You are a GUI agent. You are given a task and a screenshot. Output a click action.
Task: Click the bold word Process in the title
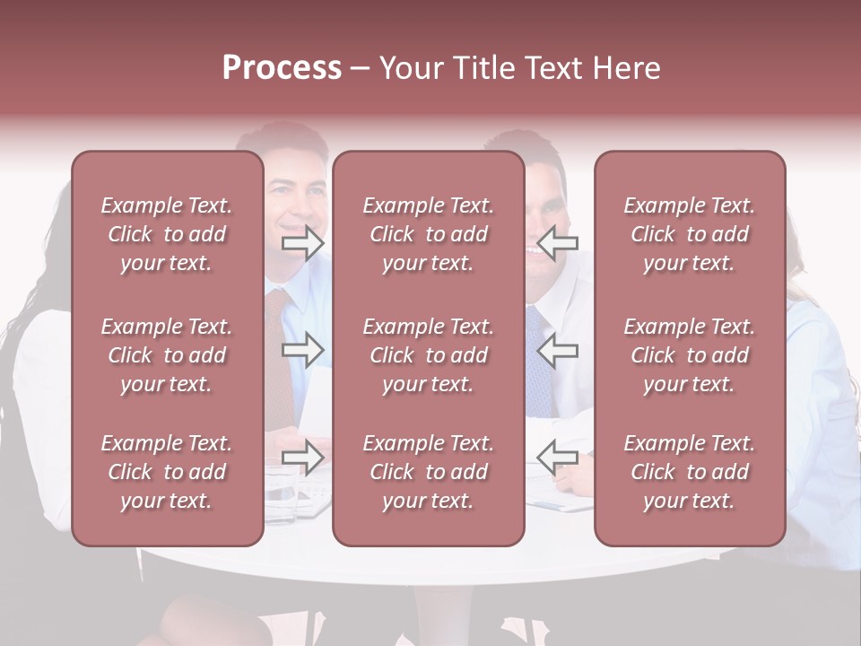click(x=282, y=68)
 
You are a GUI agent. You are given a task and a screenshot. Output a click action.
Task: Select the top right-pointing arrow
click(x=302, y=242)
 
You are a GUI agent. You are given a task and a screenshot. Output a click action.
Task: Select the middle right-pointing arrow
click(x=302, y=350)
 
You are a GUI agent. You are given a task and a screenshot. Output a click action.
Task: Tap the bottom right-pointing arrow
click(x=302, y=458)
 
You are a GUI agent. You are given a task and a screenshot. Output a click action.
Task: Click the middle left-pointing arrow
click(x=558, y=350)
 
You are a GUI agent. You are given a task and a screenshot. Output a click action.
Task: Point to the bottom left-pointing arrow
click(x=558, y=458)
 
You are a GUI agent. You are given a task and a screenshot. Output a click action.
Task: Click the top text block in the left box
click(x=167, y=234)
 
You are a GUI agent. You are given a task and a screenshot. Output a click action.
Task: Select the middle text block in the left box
click(x=167, y=355)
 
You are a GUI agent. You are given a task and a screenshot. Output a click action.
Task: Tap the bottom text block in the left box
click(x=167, y=472)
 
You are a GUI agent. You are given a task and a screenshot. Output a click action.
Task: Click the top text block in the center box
click(x=428, y=234)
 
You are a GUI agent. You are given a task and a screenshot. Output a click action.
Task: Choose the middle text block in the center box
click(x=428, y=355)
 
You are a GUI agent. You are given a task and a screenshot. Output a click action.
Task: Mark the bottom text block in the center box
click(x=428, y=472)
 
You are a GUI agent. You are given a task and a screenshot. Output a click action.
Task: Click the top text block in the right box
click(x=690, y=234)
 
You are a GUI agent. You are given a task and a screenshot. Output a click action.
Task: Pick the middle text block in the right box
click(x=690, y=355)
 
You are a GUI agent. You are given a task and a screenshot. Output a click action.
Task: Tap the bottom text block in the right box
click(x=690, y=472)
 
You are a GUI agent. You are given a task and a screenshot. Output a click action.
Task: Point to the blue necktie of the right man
click(x=538, y=368)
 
